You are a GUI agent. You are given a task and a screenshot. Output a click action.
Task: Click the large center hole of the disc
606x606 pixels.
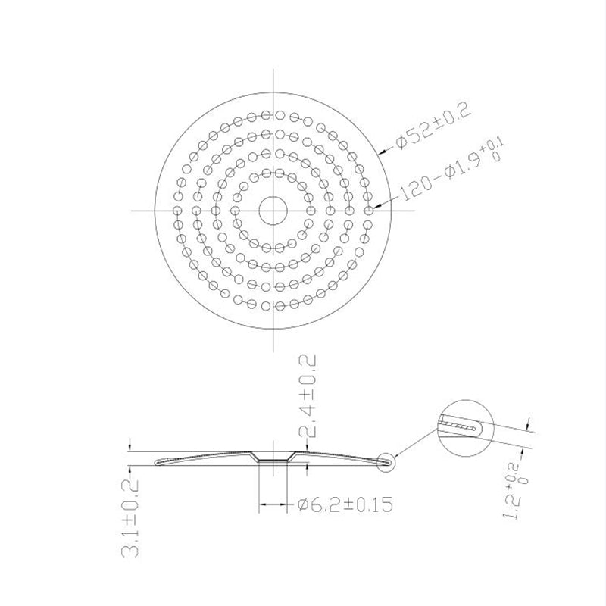271,210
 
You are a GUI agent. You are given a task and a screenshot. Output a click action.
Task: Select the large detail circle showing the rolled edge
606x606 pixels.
464,428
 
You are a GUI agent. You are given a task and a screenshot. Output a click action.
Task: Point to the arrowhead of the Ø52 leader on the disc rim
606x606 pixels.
379,154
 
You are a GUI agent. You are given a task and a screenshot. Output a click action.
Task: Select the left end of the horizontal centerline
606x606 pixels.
132,210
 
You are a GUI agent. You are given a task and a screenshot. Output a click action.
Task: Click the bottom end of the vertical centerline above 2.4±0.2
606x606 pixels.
271,350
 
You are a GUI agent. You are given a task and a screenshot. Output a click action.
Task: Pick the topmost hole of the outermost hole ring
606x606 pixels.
271,114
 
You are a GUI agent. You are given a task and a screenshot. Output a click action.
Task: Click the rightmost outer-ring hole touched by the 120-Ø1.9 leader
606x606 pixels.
368,210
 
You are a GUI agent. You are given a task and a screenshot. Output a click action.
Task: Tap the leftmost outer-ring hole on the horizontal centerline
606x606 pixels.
176,210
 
